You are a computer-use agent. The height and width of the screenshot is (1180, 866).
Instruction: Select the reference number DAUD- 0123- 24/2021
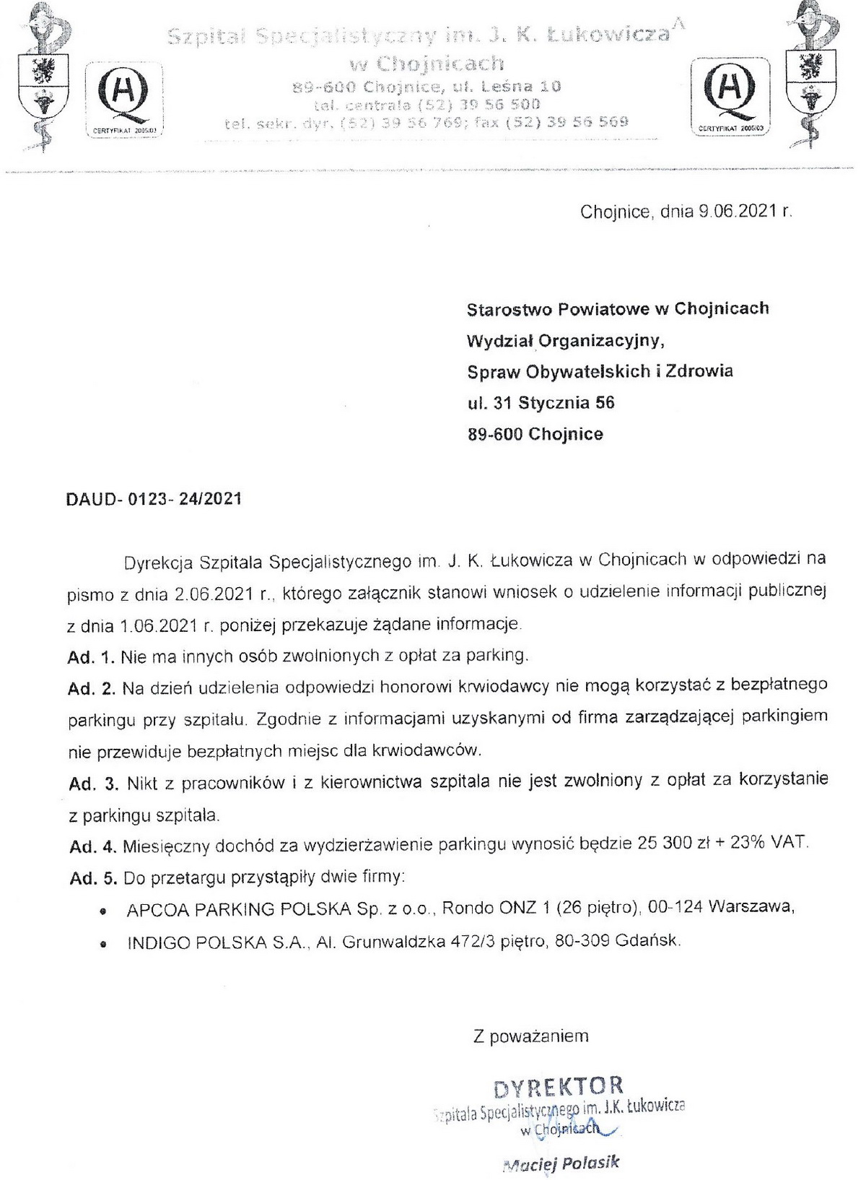(x=154, y=499)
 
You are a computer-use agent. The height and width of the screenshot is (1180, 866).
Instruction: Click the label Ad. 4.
(x=92, y=844)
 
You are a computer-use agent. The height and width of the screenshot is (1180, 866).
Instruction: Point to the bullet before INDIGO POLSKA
(x=105, y=944)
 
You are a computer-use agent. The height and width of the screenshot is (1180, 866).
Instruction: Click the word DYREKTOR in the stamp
(x=558, y=1086)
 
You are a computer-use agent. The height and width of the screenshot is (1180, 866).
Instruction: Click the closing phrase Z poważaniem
(x=530, y=1036)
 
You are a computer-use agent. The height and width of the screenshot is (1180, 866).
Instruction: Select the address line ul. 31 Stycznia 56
(x=541, y=402)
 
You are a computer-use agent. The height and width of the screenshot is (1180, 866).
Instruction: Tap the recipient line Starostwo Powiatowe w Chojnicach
(x=618, y=308)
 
